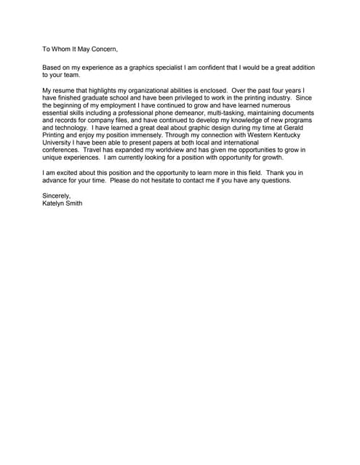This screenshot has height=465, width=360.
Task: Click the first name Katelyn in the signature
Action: pyautogui.click(x=54, y=203)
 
